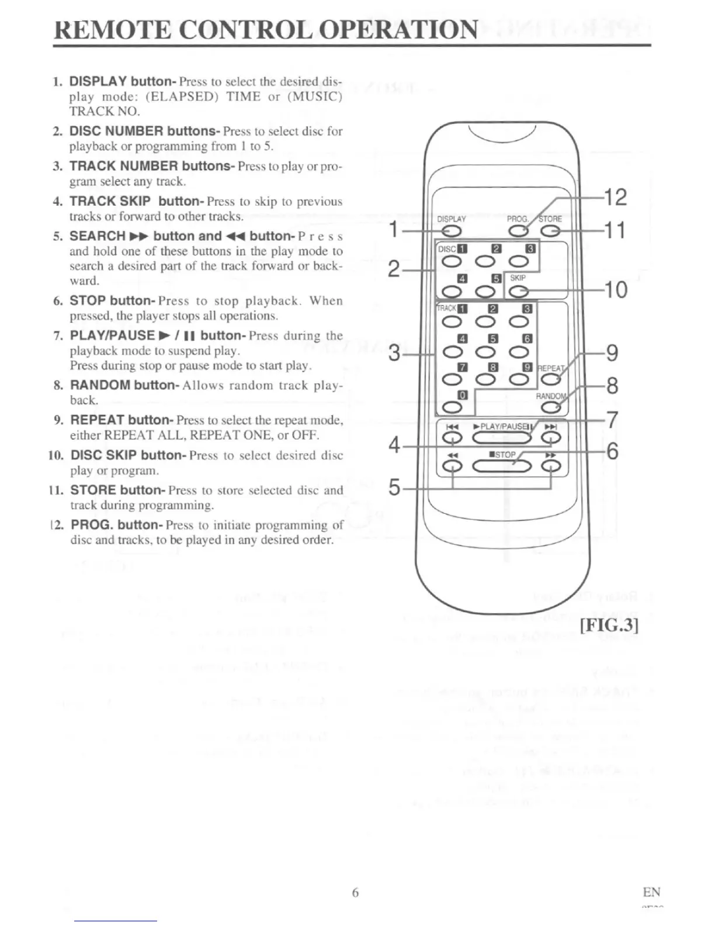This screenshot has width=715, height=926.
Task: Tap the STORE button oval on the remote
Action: click(x=550, y=231)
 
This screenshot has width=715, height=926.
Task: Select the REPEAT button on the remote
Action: click(x=550, y=379)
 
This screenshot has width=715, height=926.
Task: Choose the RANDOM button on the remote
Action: click(x=550, y=407)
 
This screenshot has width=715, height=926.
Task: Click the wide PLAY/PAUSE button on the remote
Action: click(x=501, y=438)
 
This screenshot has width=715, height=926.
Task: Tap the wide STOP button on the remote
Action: click(x=502, y=466)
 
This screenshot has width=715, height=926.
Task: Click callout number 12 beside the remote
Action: click(x=615, y=198)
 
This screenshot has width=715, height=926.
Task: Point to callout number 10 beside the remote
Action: click(x=615, y=289)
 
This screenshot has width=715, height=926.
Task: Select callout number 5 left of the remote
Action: click(x=395, y=487)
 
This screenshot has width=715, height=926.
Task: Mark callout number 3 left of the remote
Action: click(x=395, y=353)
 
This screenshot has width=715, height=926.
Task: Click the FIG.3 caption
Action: click(x=609, y=625)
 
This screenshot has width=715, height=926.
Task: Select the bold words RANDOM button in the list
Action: click(x=124, y=385)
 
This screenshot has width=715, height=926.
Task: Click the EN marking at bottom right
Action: click(x=651, y=892)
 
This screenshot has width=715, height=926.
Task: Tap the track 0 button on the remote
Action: click(x=452, y=407)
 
